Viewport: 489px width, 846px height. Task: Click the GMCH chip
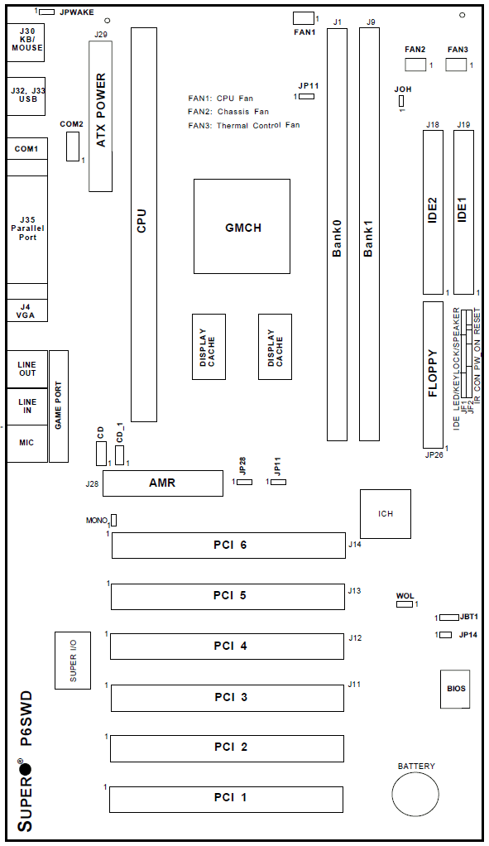(x=242, y=227)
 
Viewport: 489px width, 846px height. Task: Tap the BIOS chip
(x=455, y=689)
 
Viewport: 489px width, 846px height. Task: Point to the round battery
(x=415, y=795)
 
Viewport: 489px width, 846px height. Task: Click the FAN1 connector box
(x=304, y=18)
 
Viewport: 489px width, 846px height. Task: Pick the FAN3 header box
(x=456, y=65)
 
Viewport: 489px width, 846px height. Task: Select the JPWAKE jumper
(x=47, y=12)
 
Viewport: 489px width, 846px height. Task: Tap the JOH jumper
(x=401, y=101)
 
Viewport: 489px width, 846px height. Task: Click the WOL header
(x=405, y=603)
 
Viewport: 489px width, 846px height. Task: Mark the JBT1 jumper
(x=448, y=618)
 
